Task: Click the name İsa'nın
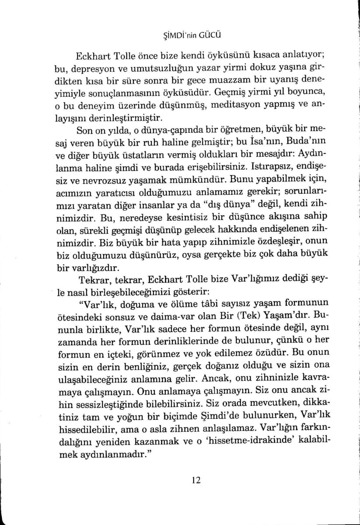tap(264, 143)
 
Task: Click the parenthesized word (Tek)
tap(205, 315)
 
